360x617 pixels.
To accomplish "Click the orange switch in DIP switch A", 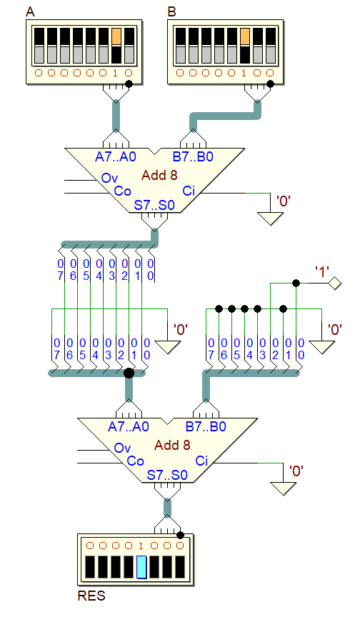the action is click(116, 36).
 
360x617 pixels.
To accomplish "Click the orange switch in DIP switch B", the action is click(245, 36).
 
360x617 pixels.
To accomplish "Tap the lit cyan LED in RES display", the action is click(141, 566).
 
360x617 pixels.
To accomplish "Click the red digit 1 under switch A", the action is click(115, 73).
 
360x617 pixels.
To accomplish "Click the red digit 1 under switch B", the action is click(244, 73).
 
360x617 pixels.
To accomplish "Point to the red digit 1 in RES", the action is click(141, 546).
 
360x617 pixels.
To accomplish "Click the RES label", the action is click(91, 596).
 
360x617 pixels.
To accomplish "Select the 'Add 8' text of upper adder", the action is click(159, 175).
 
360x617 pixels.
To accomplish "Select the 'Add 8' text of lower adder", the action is click(172, 445).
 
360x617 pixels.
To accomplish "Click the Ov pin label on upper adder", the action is click(109, 179).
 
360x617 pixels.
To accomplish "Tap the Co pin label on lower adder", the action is click(135, 461).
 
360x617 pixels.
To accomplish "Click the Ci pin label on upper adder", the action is click(189, 191).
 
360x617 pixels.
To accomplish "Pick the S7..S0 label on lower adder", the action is click(167, 475).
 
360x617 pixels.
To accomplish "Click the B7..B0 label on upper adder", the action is click(193, 156).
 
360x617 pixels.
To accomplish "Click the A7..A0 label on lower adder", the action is click(129, 426).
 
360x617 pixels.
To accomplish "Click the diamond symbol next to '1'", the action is click(335, 283).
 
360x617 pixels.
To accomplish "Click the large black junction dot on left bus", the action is click(129, 373).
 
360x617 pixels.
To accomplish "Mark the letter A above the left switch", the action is click(30, 12).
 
